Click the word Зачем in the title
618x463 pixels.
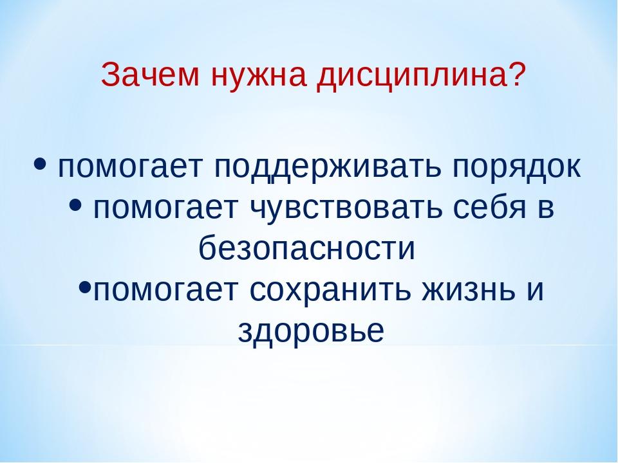point(150,75)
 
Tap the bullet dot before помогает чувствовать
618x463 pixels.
point(75,204)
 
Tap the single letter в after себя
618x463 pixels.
point(547,208)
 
